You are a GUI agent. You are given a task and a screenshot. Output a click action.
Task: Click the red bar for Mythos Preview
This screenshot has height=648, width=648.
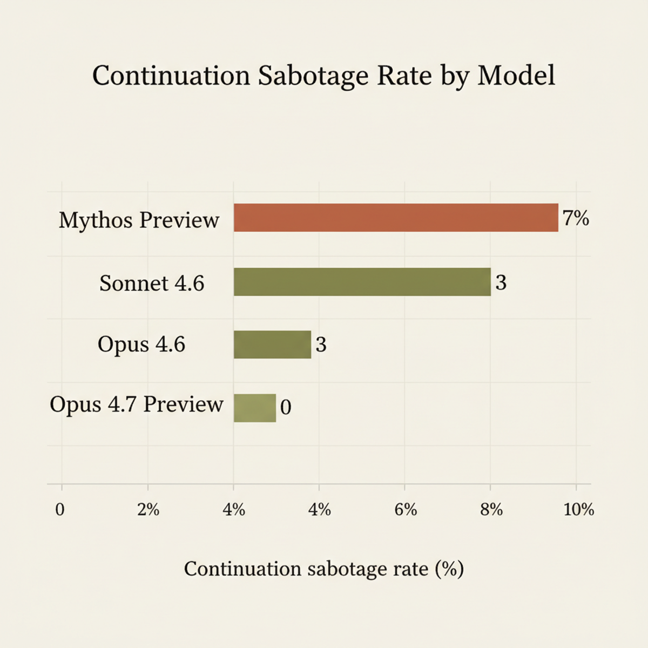tap(395, 218)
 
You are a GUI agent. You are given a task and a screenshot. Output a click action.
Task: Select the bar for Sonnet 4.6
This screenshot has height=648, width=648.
tap(362, 282)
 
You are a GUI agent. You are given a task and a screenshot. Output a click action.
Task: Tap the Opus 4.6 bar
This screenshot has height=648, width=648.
tap(272, 345)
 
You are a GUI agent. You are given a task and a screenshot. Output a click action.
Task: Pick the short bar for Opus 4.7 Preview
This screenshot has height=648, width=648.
tap(254, 408)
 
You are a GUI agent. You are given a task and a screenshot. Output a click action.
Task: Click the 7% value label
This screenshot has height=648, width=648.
tap(576, 218)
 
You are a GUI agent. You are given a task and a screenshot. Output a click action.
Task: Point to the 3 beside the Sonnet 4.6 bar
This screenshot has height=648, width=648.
tap(501, 282)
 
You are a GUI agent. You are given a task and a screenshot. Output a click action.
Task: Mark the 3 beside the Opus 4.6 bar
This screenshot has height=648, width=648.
tap(321, 345)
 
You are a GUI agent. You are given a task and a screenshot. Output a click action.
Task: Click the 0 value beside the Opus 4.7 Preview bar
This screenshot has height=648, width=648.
tap(286, 407)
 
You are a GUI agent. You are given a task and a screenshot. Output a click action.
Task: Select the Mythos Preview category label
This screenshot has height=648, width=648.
tap(139, 220)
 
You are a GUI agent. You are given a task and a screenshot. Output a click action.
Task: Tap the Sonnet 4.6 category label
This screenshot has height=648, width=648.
tap(152, 283)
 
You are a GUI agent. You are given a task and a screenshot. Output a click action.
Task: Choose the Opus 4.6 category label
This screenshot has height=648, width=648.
tap(141, 345)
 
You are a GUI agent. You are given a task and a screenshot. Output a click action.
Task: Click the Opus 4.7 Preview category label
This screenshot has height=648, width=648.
tap(136, 404)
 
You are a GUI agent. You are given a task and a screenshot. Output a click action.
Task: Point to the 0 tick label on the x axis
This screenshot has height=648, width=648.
tap(60, 509)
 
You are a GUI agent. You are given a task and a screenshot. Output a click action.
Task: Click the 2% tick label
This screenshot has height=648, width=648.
tap(148, 509)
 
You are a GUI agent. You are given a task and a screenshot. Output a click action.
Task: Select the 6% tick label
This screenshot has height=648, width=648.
tap(406, 509)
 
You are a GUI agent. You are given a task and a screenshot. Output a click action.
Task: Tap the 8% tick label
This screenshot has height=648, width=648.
tap(491, 509)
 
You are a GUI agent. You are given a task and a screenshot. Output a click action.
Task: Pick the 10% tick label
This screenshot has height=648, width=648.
tap(578, 509)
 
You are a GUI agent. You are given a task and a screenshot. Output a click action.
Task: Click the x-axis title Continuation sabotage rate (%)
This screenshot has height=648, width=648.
tap(323, 569)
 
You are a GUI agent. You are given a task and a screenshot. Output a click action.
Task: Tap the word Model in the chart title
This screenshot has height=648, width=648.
tap(516, 76)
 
